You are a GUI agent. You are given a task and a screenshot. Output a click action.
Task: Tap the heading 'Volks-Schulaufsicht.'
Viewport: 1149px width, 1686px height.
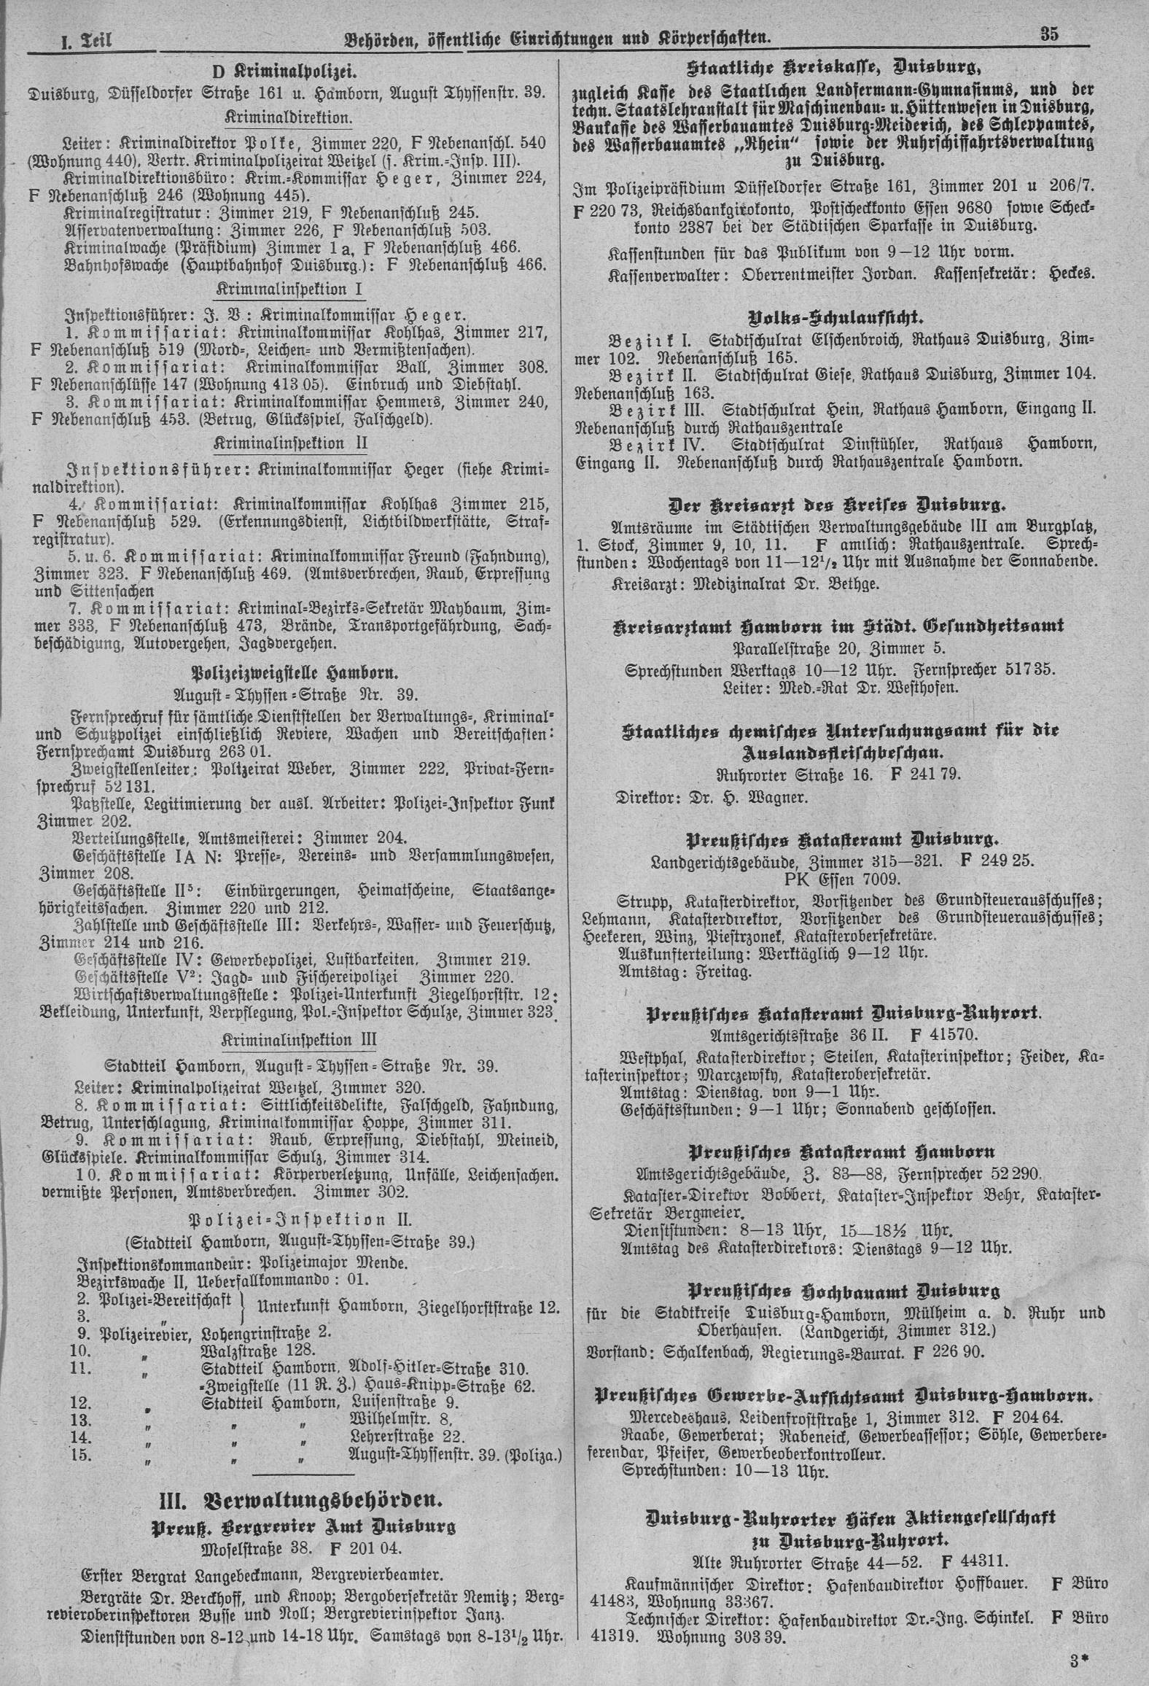click(x=835, y=318)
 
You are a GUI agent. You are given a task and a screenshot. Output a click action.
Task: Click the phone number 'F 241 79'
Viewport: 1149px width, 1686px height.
click(x=922, y=776)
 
